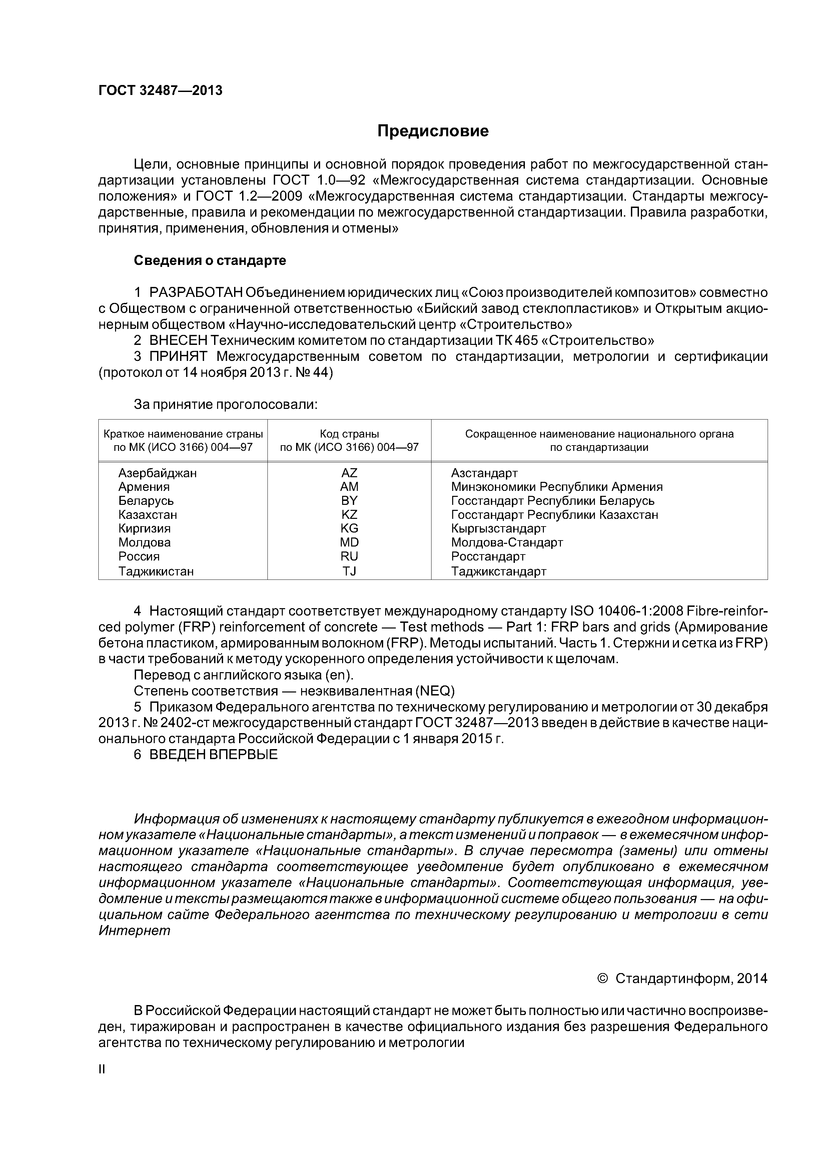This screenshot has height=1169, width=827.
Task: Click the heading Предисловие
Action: [433, 131]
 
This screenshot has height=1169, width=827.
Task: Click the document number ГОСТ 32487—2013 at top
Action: [160, 91]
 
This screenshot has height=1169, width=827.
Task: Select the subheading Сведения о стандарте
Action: [210, 261]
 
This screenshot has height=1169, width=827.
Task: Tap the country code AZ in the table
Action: [349, 473]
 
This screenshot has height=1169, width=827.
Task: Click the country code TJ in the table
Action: [349, 571]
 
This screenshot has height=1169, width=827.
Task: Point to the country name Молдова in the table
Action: [145, 542]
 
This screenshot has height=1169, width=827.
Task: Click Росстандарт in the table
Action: [488, 557]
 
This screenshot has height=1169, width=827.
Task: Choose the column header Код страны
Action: [349, 434]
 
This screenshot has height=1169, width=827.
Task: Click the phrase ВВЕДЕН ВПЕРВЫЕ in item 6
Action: [213, 754]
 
